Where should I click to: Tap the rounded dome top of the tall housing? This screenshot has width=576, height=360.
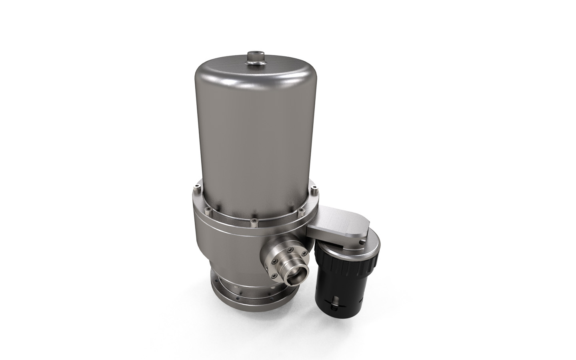coord(256,72)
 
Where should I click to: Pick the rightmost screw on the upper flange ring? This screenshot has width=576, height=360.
coord(314,188)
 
